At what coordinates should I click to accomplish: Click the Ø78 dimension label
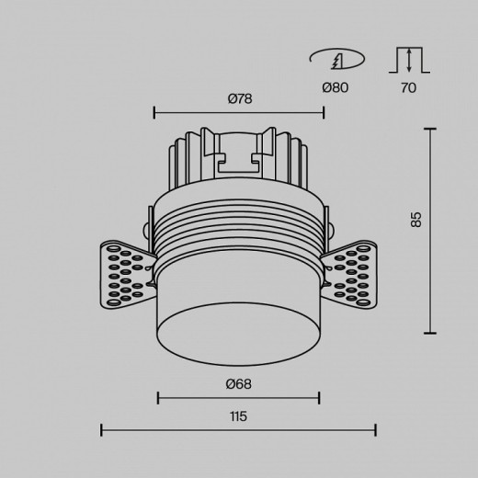pos(240,98)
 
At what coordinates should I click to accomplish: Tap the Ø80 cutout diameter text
pos(336,87)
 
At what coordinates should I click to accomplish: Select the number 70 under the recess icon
pos(408,88)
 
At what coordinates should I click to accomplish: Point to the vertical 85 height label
pos(415,220)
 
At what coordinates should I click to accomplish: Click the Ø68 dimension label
pos(239,383)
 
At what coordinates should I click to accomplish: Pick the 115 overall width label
pos(238,416)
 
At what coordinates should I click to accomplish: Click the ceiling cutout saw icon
pos(337,58)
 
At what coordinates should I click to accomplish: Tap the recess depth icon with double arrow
pos(409,60)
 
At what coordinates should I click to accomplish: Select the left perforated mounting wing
pos(127,275)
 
